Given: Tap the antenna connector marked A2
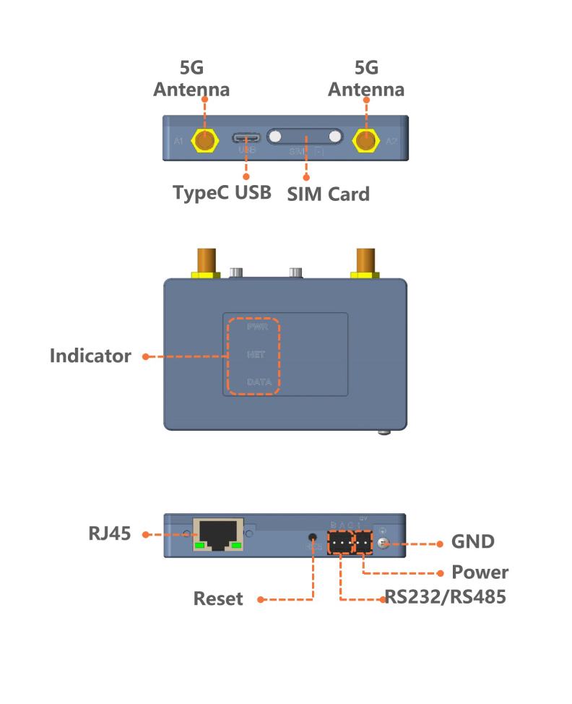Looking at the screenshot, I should pos(366,142).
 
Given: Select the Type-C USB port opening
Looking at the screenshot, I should pos(247,137).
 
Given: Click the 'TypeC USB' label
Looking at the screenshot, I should pos(222,193).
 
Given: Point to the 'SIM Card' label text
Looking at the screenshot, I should pos(328,194).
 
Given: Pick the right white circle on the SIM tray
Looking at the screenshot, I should pos(334,137).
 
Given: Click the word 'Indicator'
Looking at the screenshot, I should pos(90,356).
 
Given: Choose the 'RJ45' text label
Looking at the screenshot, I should pos(110,534).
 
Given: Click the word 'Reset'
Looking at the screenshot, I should pos(218,599).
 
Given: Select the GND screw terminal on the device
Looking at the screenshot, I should pos(383,543).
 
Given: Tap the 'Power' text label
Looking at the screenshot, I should pos(480,572).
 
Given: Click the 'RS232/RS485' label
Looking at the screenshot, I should pos(444,598).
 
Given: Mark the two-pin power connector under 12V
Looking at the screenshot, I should pos(363,542).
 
